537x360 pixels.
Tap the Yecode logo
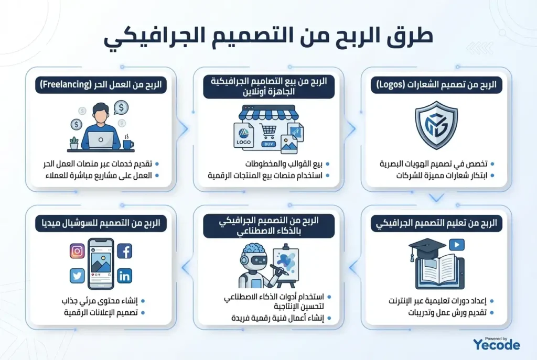[496, 344]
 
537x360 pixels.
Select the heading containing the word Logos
[436, 85]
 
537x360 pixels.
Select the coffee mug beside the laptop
[128, 143]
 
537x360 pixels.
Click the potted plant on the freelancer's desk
[74, 142]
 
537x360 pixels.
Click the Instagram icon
[77, 251]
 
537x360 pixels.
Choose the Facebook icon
[125, 252]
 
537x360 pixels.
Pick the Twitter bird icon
[77, 276]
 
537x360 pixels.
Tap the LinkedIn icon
[125, 276]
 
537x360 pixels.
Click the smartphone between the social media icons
[101, 264]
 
